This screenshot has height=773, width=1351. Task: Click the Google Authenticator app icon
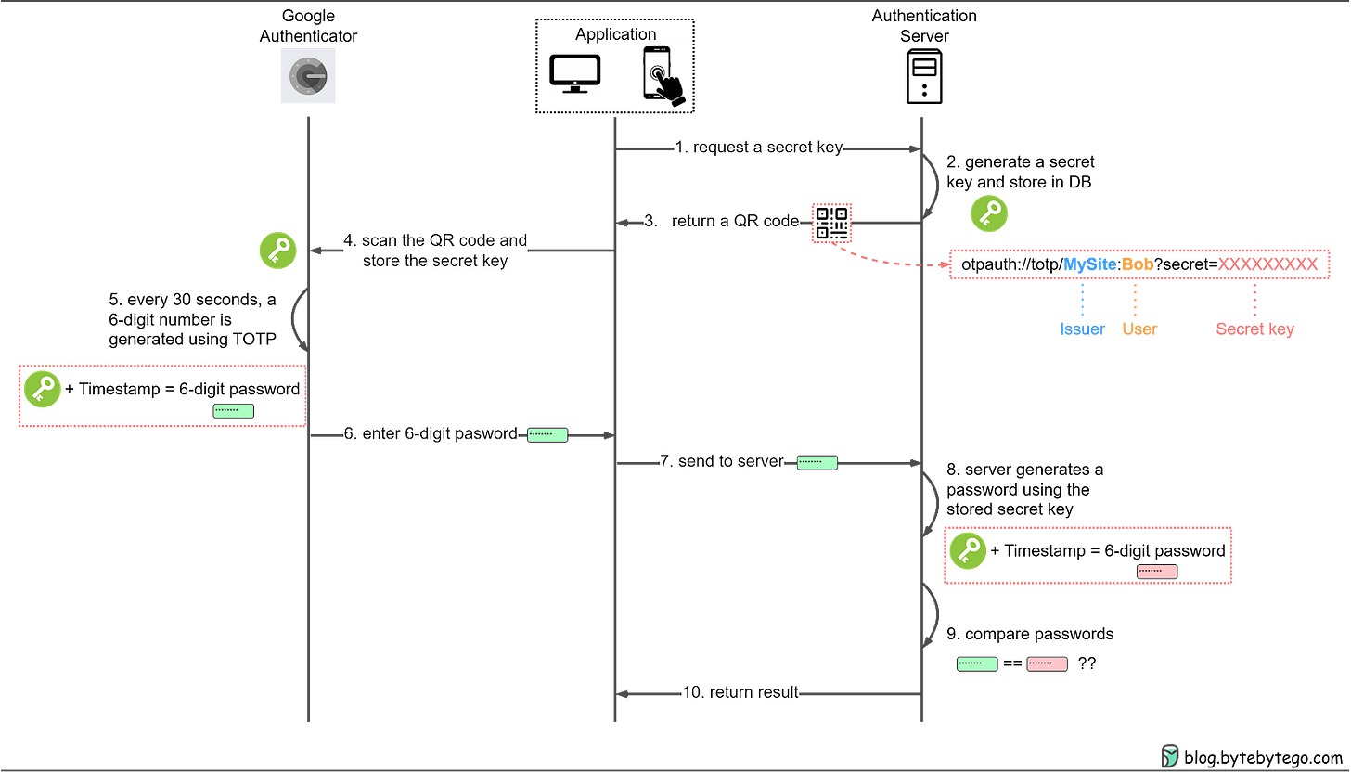coord(307,74)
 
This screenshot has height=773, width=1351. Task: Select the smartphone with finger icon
coord(662,74)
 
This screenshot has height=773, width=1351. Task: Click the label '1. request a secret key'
coord(758,148)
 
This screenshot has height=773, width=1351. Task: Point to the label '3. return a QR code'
coord(721,222)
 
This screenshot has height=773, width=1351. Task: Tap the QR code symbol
coord(831,223)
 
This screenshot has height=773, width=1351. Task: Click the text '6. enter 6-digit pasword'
coord(430,434)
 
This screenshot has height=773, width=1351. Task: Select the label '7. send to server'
coord(722,461)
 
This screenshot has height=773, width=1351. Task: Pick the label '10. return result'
coord(740,692)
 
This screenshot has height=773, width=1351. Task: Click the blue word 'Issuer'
coord(1082,329)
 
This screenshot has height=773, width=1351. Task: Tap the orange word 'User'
coord(1139,329)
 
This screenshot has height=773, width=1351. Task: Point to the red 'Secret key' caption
coord(1254,329)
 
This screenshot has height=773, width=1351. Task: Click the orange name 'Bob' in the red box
coord(1138,264)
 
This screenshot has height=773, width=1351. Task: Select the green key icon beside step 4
coord(278,251)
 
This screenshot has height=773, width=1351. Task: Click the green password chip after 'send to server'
coord(817,461)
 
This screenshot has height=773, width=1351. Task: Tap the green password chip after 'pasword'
coord(547,434)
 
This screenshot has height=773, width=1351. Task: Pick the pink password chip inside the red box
coord(1157,572)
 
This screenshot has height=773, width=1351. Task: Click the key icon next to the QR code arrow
coord(989,214)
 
